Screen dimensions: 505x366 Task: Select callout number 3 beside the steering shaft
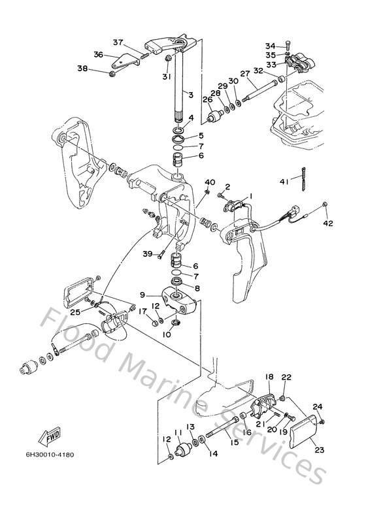pos(190,95)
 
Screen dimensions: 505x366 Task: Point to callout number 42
pos(328,223)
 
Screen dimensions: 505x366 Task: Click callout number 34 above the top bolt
pos(270,45)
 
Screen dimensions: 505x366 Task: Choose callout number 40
pos(210,182)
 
